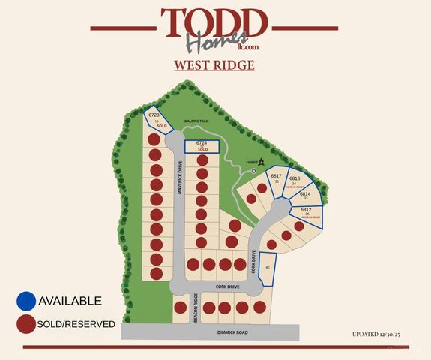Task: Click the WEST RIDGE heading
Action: pyautogui.click(x=214, y=65)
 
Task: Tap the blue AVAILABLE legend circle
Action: pyautogui.click(x=26, y=301)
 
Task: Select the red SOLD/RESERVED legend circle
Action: pyautogui.click(x=26, y=324)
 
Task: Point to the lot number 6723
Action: pyautogui.click(x=154, y=115)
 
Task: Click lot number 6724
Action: pyautogui.click(x=201, y=142)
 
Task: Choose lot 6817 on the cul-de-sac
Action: pyautogui.click(x=276, y=176)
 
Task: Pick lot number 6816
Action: pyautogui.click(x=295, y=179)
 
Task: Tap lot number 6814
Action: pyautogui.click(x=305, y=193)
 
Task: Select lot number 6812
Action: pyautogui.click(x=305, y=209)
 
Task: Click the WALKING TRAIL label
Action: pyautogui.click(x=196, y=121)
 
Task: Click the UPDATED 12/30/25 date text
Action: pyautogui.click(x=381, y=333)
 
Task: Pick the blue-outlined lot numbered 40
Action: pyautogui.click(x=268, y=268)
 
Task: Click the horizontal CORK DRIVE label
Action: pyautogui.click(x=226, y=286)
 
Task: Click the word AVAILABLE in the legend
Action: pyautogui.click(x=70, y=301)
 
